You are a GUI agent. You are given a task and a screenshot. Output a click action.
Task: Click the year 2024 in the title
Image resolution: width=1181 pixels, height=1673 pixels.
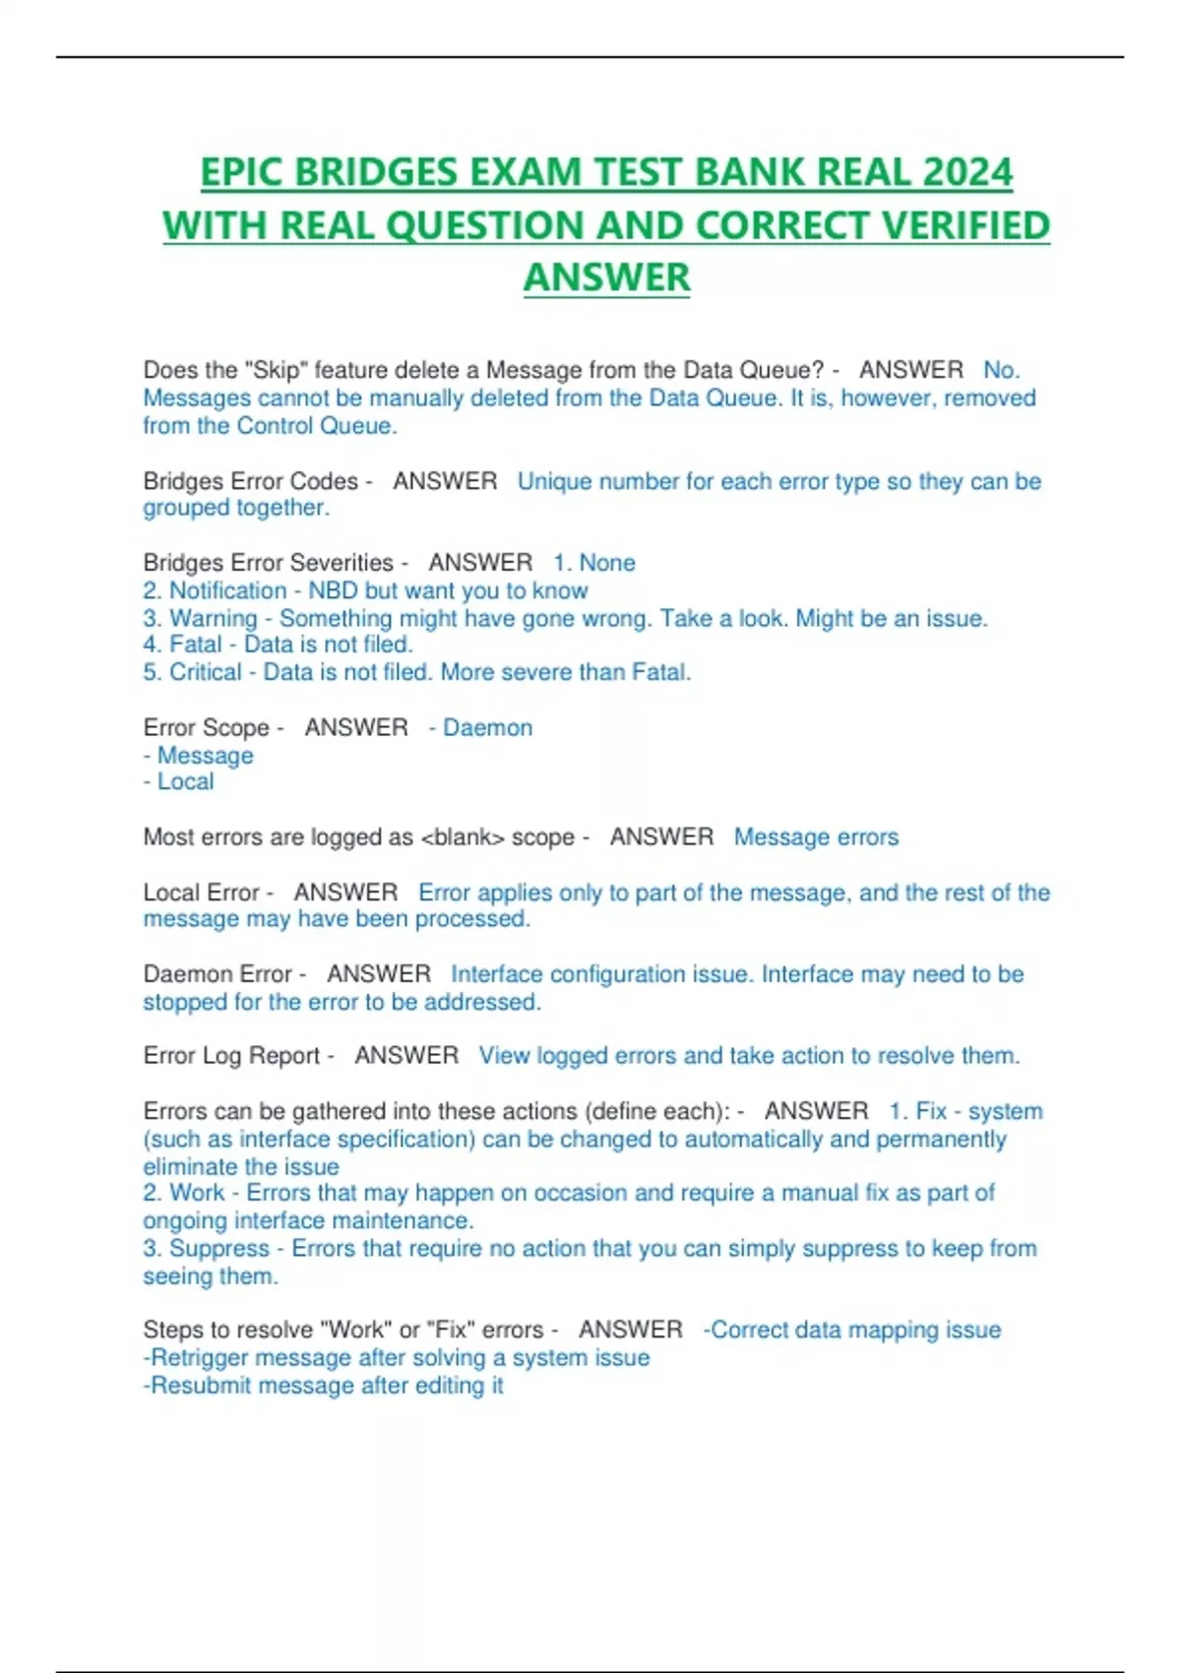(x=967, y=173)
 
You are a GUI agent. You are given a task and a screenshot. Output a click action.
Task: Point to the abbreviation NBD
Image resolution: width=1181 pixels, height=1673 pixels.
(x=333, y=590)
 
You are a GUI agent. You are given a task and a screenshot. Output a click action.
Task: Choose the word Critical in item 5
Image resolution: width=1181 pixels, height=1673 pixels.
(x=205, y=672)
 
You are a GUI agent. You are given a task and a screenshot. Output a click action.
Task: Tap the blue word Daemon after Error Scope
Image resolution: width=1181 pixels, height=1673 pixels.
(x=487, y=728)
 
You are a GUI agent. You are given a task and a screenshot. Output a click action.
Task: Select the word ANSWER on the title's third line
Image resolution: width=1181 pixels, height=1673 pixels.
(x=606, y=278)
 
